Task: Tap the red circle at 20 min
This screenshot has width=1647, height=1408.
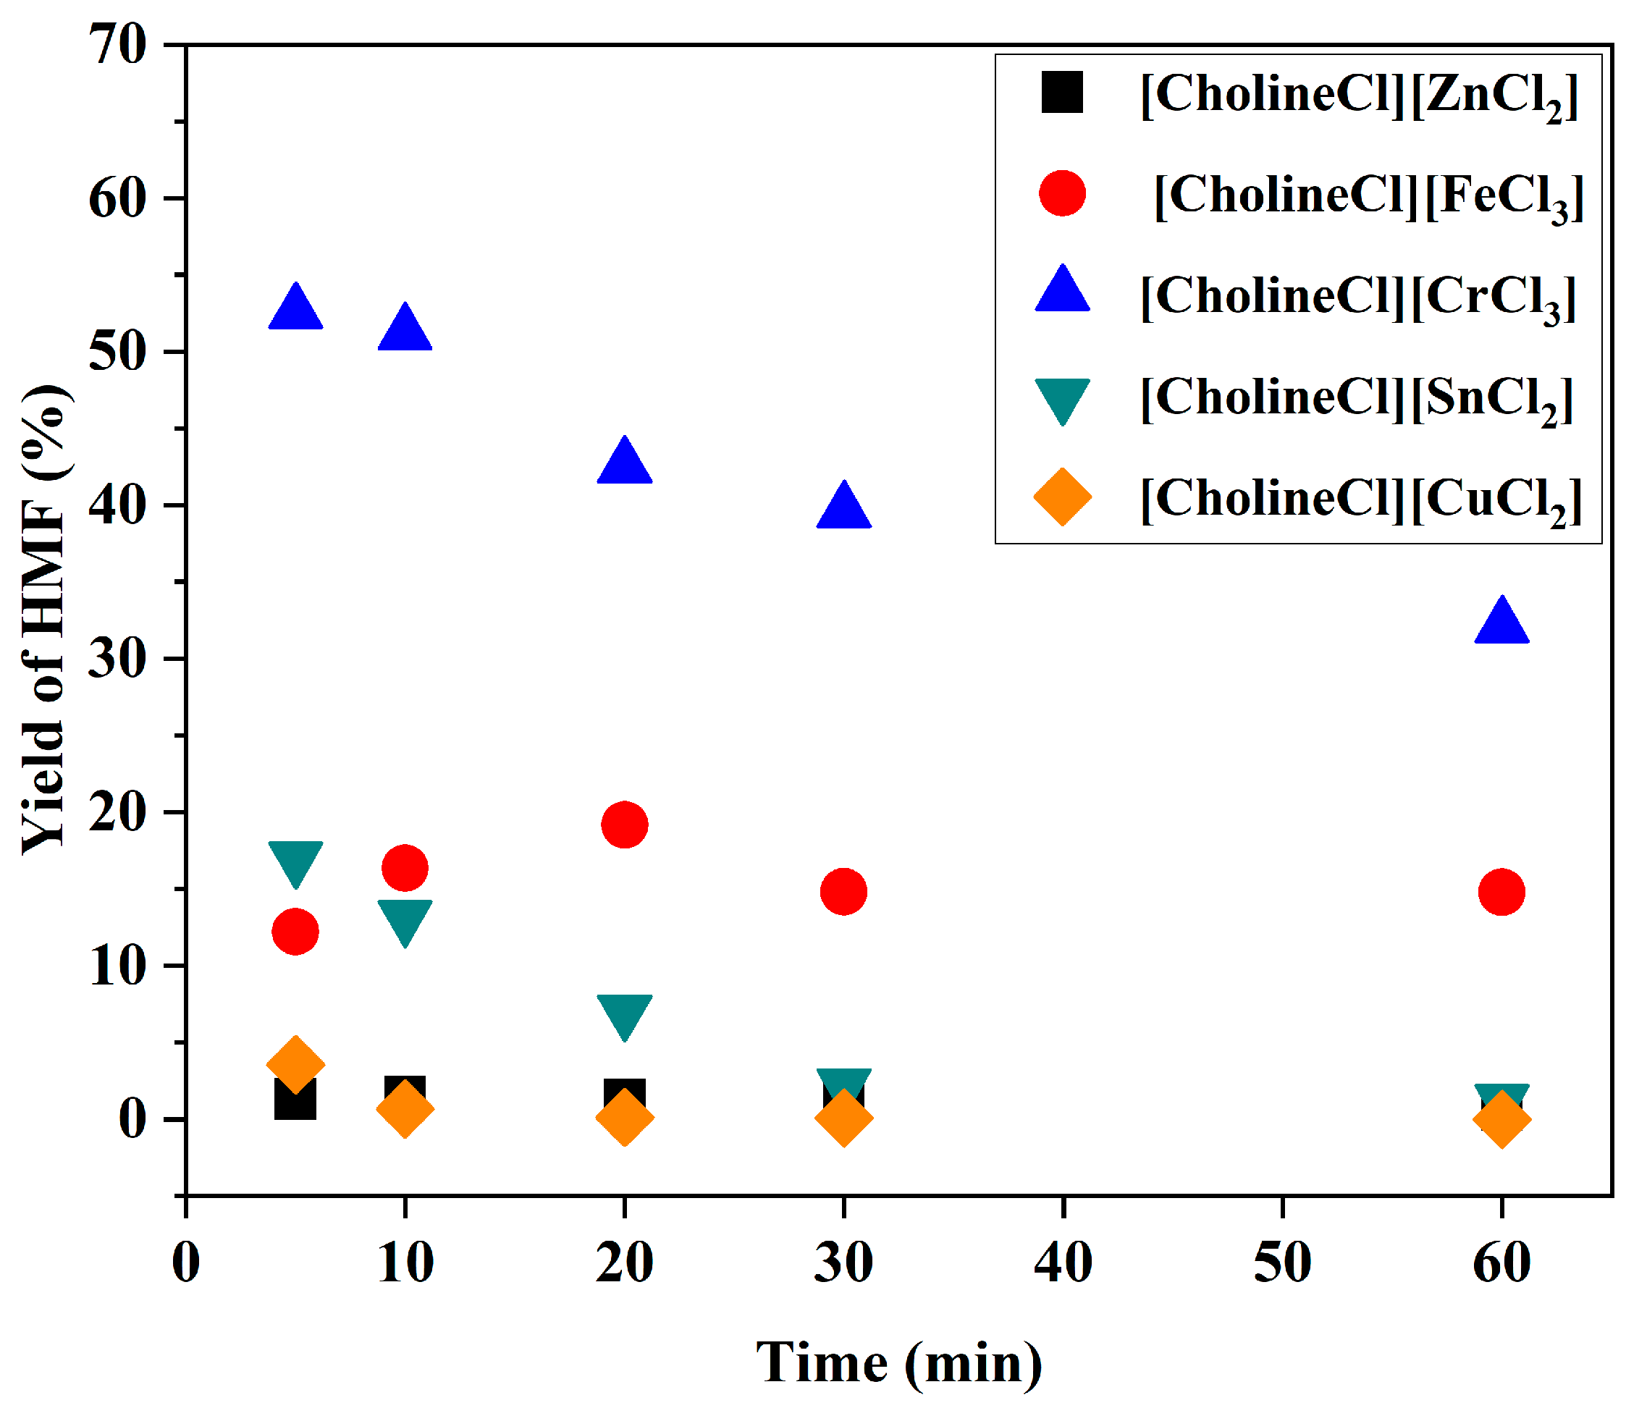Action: click(x=624, y=825)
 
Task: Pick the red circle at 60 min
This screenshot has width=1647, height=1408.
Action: click(x=1501, y=892)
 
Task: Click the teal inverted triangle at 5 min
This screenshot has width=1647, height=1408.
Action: click(x=295, y=860)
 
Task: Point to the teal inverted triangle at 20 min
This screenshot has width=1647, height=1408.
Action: click(x=624, y=1013)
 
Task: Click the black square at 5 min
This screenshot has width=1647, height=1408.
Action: click(x=294, y=1100)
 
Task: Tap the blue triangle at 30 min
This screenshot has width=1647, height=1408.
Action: click(x=843, y=507)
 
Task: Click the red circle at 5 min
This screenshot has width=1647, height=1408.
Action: click(x=295, y=931)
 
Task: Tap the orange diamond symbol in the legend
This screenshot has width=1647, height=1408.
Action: click(x=1062, y=497)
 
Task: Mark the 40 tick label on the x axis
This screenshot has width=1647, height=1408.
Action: click(x=1063, y=1262)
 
